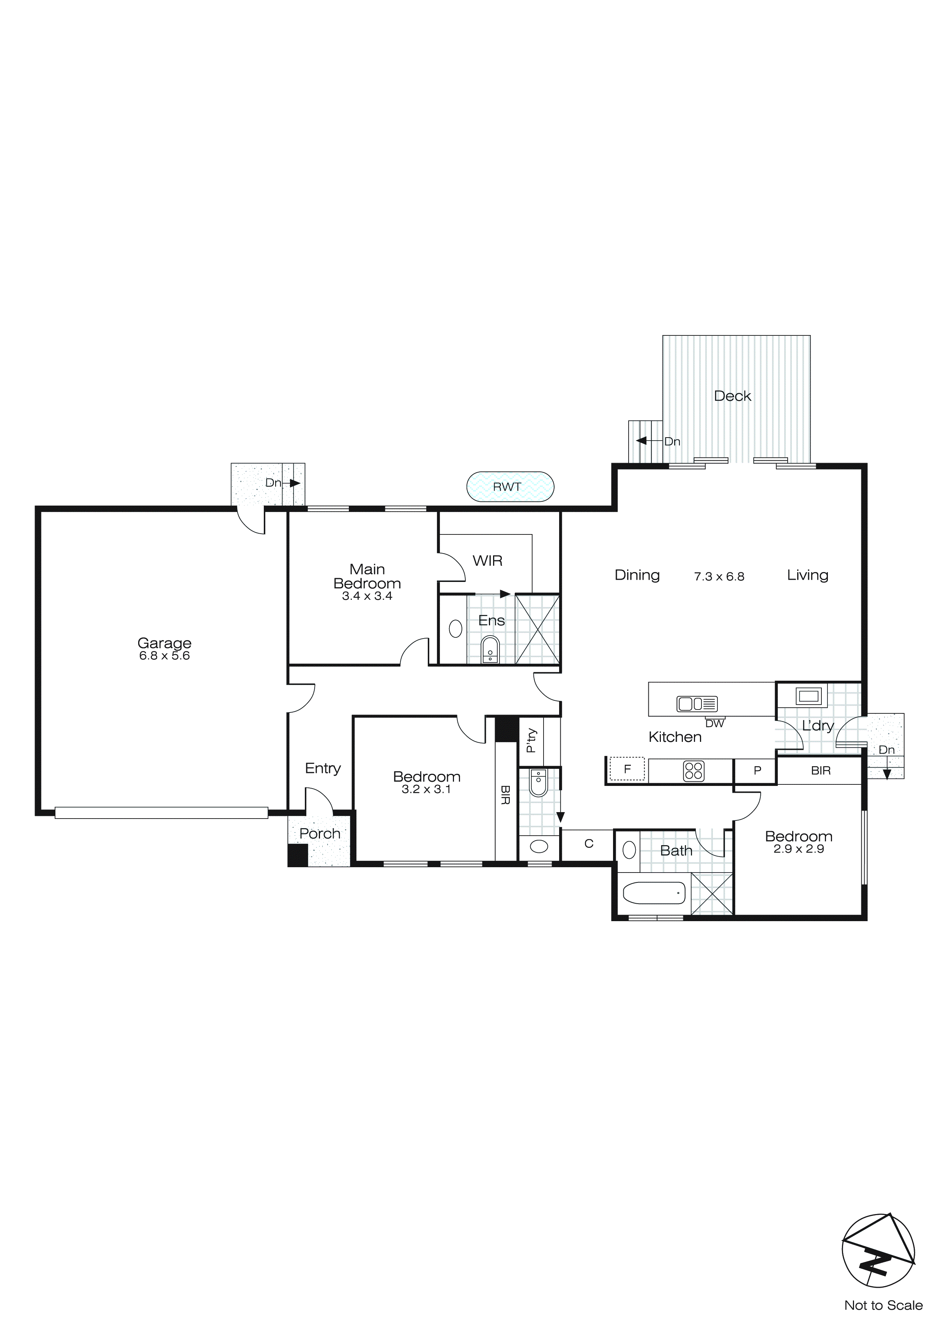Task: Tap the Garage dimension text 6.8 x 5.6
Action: pos(165,656)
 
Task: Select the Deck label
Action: pos(732,396)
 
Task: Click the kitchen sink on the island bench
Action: pos(697,704)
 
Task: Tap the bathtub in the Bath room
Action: pos(654,893)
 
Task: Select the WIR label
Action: pos(487,561)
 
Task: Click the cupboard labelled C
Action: pos(589,844)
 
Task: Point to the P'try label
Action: pos(531,740)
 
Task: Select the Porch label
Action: pos(320,834)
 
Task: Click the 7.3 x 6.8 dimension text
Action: pos(719,576)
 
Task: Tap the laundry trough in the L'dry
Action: pos(808,695)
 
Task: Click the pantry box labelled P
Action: pos(757,770)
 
